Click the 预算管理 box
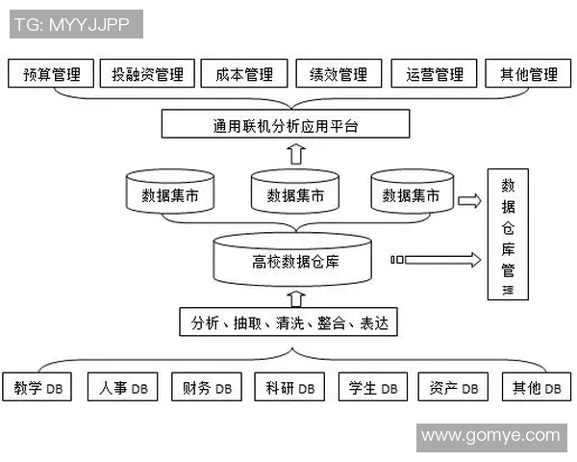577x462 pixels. (52, 74)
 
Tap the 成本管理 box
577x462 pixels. (244, 74)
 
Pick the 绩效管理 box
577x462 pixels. (339, 74)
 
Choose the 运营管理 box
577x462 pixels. (435, 74)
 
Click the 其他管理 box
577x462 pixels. (529, 74)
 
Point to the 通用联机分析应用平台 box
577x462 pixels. (286, 125)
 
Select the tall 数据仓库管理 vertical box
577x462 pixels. (508, 236)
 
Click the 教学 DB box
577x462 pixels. (39, 388)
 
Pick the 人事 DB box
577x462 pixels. (123, 388)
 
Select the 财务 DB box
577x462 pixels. (206, 388)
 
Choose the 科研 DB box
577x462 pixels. (289, 388)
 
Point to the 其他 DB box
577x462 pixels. (536, 388)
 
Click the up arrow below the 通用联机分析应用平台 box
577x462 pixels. (296, 153)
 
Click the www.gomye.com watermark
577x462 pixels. (490, 436)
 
